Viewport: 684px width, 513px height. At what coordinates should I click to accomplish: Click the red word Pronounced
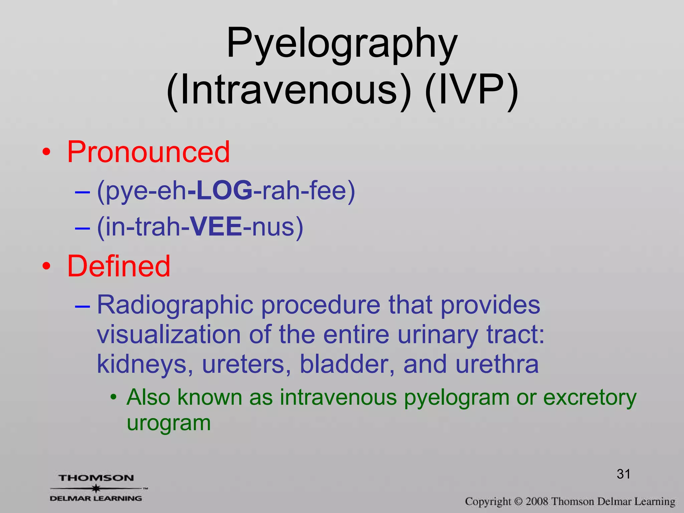tap(148, 152)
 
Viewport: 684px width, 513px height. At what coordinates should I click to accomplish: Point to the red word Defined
tap(119, 266)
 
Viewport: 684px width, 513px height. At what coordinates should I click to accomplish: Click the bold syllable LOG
tap(224, 190)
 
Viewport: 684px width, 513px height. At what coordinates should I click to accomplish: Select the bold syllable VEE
tap(216, 227)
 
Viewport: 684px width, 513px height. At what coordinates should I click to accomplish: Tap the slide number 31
tap(623, 474)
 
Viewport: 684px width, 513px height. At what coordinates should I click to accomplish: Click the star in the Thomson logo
tap(96, 488)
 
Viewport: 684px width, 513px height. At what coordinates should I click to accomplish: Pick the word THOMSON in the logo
tap(96, 478)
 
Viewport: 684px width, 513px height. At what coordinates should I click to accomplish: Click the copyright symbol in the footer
tap(518, 502)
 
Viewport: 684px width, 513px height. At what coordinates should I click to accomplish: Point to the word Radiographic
tap(175, 305)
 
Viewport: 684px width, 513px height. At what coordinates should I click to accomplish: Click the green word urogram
tap(169, 423)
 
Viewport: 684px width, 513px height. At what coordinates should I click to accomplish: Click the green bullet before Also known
tap(114, 397)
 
